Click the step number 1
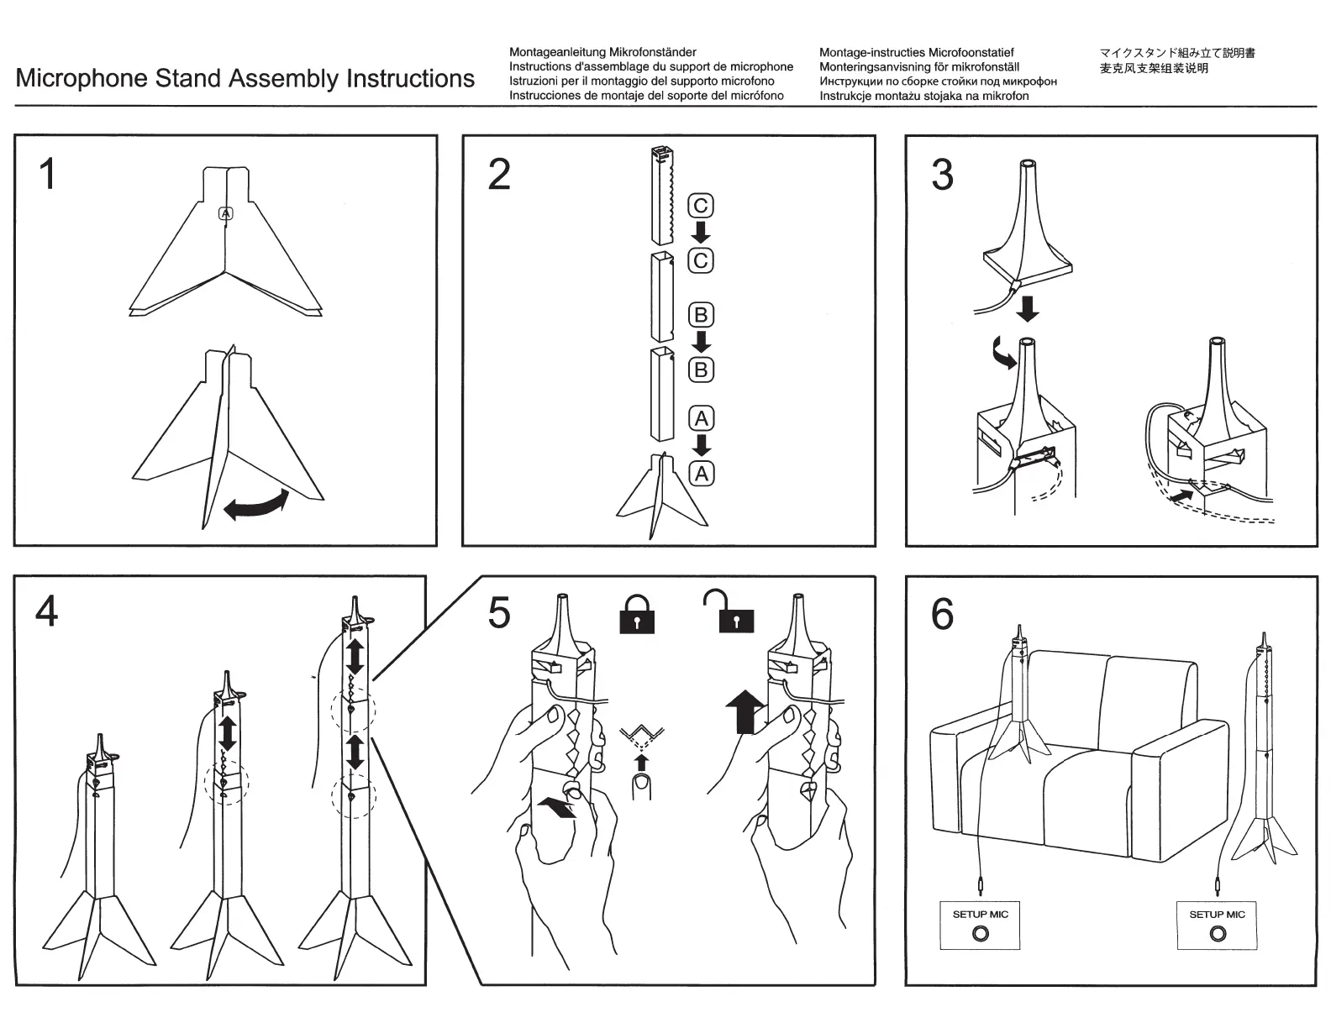[x=48, y=174]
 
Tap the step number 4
[x=47, y=611]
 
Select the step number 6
[x=943, y=614]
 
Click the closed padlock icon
[x=637, y=615]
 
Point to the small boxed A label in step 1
[x=225, y=213]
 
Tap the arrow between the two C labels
[x=700, y=233]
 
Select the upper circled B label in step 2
[x=700, y=315]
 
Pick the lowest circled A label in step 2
[x=701, y=474]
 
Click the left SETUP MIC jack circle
[x=980, y=934]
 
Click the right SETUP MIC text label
[x=1217, y=915]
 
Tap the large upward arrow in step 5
[x=744, y=711]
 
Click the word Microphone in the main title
[x=82, y=79]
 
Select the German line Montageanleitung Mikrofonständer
[x=602, y=52]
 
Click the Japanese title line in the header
[x=1177, y=53]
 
